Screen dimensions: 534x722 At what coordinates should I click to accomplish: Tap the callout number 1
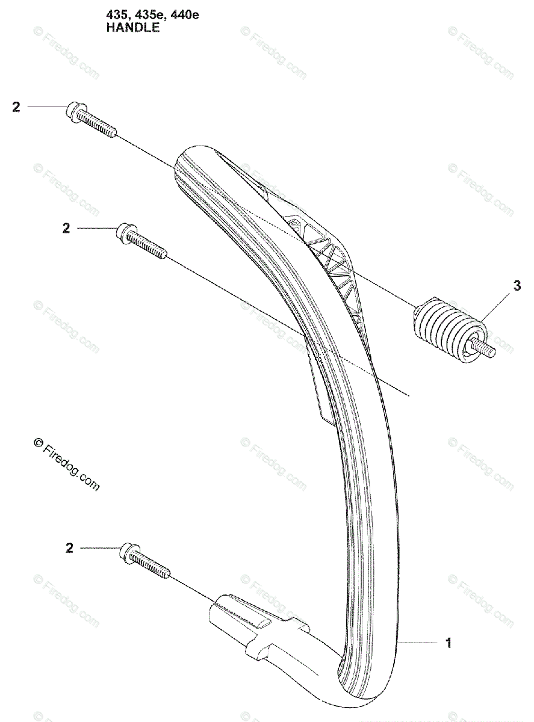pyautogui.click(x=447, y=643)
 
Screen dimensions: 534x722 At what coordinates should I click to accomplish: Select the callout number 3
pyautogui.click(x=517, y=287)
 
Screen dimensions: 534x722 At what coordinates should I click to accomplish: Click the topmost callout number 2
pyautogui.click(x=16, y=107)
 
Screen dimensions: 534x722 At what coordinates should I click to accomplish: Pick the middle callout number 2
pyautogui.click(x=66, y=228)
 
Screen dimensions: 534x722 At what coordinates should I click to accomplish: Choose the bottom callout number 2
pyautogui.click(x=70, y=548)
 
